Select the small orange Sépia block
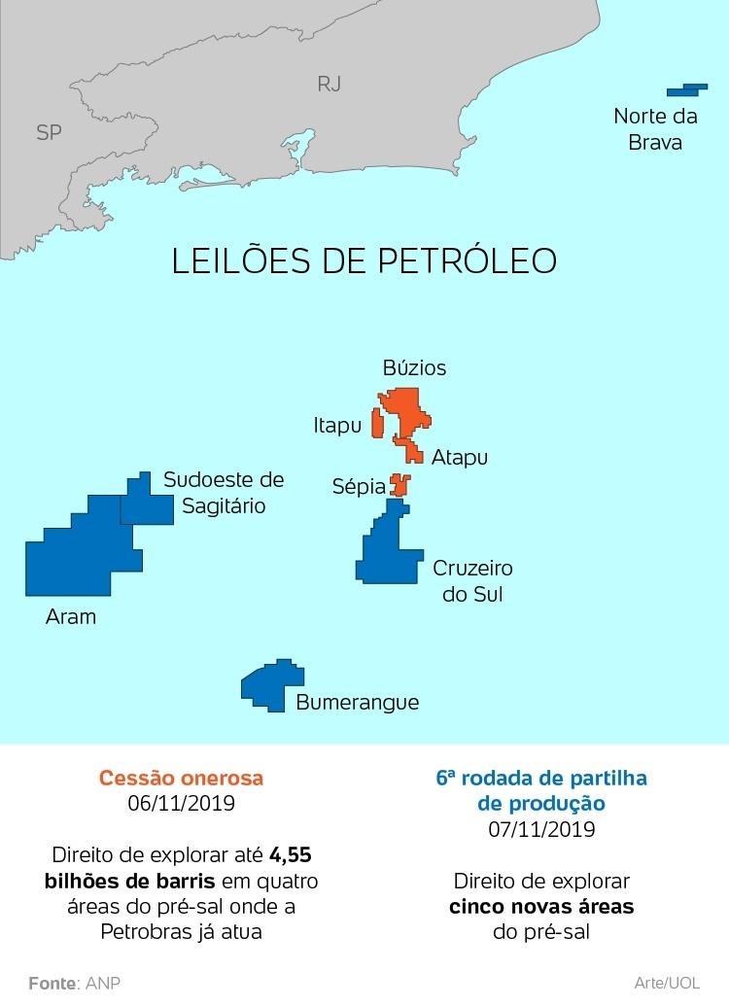point(399,484)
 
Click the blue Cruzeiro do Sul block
point(386,550)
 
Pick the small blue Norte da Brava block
point(685,89)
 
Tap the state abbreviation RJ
point(330,84)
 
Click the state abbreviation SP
point(49,132)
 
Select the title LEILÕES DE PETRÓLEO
point(364,261)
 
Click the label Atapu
point(459,457)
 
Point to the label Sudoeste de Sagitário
point(224,493)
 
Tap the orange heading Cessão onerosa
point(182,779)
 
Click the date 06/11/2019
point(182,804)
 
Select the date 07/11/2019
point(541,829)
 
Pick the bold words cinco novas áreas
point(541,907)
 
